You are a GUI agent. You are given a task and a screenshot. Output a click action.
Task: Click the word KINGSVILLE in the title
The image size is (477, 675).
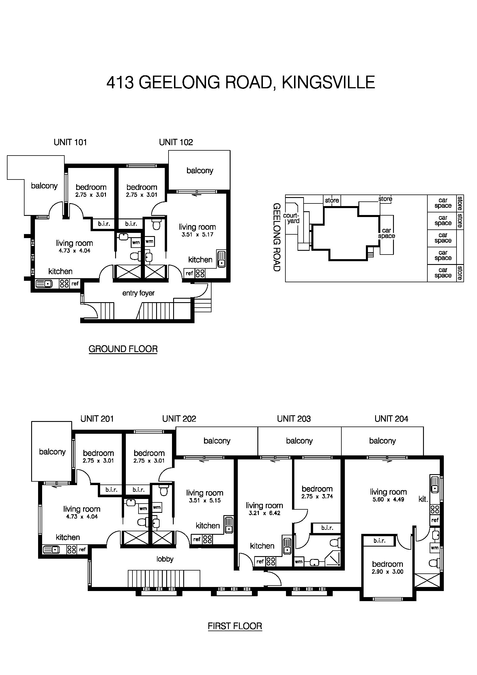[x=328, y=82]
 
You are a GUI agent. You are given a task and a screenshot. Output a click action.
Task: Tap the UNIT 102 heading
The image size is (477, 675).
[x=176, y=142]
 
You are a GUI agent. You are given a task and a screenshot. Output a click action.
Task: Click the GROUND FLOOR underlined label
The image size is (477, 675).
[x=123, y=349]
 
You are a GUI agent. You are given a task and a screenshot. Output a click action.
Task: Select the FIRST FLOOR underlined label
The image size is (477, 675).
[x=235, y=626]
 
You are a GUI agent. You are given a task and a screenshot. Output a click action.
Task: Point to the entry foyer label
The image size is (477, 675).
[x=138, y=293]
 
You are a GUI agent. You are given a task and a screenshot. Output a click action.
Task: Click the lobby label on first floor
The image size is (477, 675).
[x=165, y=559]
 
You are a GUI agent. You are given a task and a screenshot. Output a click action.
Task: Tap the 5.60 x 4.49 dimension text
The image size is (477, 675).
[x=388, y=500]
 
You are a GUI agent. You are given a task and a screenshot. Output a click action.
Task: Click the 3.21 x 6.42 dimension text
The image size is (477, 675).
[x=264, y=513]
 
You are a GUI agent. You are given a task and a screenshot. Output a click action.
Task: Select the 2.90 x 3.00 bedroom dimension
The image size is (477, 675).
[x=387, y=572]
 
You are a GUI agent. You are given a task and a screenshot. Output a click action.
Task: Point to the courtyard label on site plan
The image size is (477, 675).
[x=291, y=218]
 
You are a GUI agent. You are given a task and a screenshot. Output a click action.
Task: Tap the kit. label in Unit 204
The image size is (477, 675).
[x=423, y=499]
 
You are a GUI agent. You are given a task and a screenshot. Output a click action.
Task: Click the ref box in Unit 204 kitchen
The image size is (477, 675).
[x=435, y=520]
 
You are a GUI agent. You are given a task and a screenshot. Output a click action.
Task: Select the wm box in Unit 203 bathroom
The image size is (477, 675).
[x=299, y=562]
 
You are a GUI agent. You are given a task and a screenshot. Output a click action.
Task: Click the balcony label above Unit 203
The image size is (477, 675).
[x=299, y=441]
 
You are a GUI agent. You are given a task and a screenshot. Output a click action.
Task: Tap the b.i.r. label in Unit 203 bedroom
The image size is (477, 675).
[x=327, y=528]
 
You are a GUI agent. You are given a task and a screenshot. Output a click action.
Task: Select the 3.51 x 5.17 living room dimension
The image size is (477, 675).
[x=197, y=235]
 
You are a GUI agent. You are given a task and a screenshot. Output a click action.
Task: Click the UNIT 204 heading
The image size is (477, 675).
[x=391, y=419]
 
